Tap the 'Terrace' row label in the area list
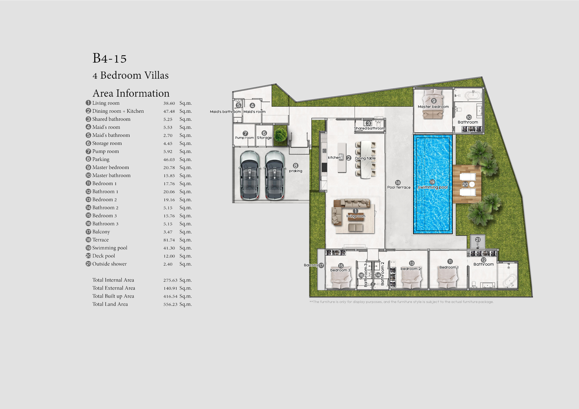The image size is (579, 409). coord(100,240)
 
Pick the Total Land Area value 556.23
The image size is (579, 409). coord(170,304)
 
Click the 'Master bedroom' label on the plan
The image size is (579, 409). coord(433,107)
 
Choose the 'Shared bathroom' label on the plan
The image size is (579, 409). coord(369,128)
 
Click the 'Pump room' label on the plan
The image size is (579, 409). coord(244,138)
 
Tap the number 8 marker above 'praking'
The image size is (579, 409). coord(296,165)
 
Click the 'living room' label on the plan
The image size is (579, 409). coord(356,216)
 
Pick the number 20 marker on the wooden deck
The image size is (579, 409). coord(465,184)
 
